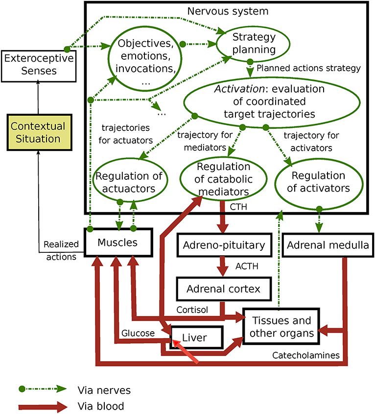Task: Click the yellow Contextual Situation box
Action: pyautogui.click(x=39, y=133)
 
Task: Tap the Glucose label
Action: pyautogui.click(x=139, y=333)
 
